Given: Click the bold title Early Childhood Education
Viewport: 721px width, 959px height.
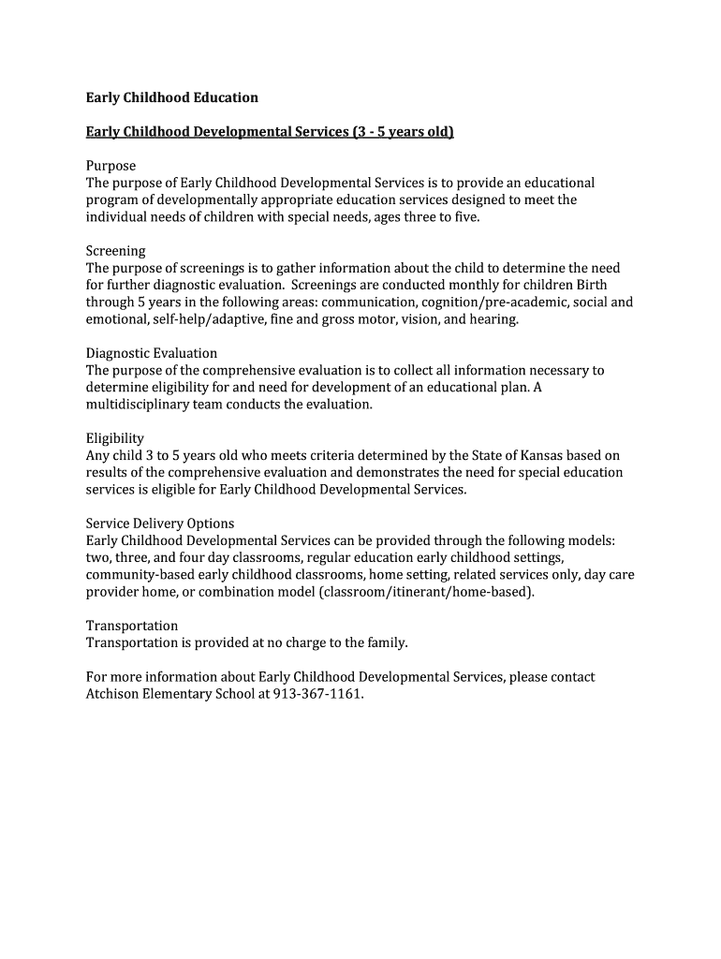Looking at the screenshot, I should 171,97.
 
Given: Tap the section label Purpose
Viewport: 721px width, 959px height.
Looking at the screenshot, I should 110,166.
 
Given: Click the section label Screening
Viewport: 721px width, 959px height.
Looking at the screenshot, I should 115,251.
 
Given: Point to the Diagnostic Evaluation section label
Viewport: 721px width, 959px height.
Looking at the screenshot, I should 152,353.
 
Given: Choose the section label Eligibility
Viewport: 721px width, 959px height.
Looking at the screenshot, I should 114,438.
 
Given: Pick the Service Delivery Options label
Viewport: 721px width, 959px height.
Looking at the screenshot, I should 160,524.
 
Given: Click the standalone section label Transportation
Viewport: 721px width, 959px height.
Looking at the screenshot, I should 132,626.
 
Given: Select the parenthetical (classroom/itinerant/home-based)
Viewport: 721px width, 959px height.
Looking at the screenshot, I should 427,592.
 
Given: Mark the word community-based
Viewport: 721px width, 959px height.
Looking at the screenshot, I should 143,575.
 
